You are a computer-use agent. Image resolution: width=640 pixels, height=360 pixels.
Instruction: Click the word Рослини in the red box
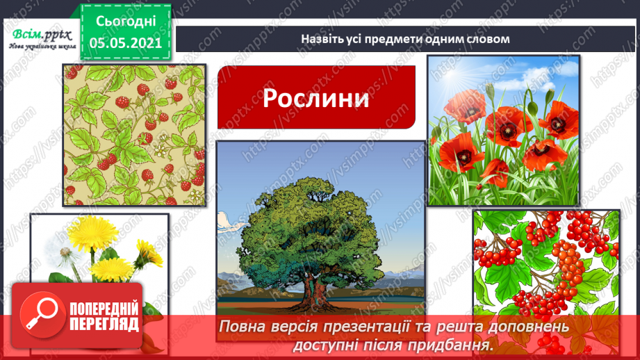pyautogui.click(x=315, y=99)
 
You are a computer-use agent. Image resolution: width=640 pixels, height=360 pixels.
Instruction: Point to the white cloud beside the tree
pyautogui.click(x=227, y=220)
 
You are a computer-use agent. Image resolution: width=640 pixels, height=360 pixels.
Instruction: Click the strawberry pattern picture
pyautogui.click(x=135, y=135)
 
